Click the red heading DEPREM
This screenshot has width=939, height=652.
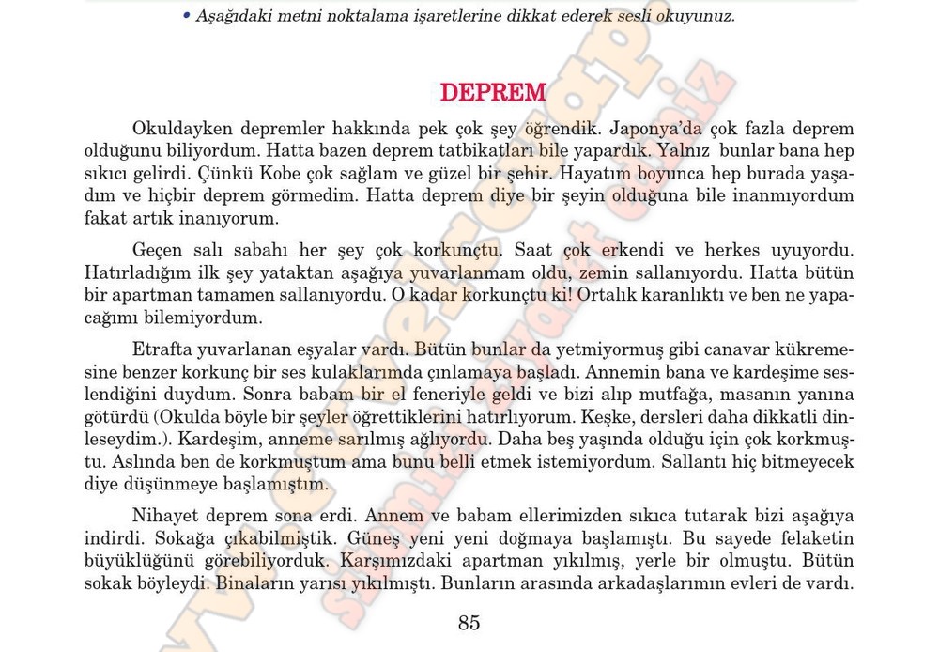pos(493,93)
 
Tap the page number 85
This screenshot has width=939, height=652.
pos(469,622)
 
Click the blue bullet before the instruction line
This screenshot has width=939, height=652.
pos(187,16)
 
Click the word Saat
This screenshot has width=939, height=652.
pos(536,251)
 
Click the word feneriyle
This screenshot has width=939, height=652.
pos(455,395)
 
